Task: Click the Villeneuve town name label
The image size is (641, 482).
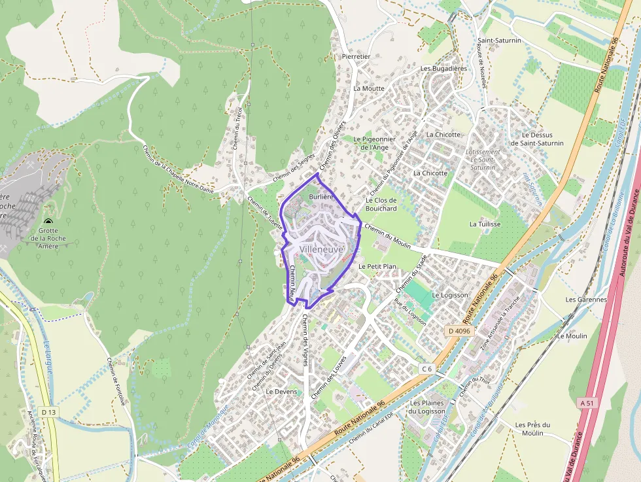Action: point(322,249)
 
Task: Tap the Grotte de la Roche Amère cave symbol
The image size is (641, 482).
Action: point(48,222)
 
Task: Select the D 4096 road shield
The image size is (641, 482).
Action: point(459,331)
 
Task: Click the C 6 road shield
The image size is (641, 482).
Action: point(427,369)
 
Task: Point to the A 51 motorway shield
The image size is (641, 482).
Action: point(587,404)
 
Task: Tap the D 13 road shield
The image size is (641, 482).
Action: point(48,412)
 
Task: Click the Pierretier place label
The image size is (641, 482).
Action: point(356,57)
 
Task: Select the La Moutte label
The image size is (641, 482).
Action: point(369,88)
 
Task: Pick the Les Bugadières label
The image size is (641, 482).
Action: point(443,68)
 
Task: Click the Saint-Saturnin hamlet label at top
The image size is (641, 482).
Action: point(499,41)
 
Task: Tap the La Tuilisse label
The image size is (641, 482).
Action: point(485,224)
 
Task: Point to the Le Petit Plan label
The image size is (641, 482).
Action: point(377,267)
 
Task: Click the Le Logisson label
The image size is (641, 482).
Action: point(450,295)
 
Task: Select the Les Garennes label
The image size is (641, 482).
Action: point(586,300)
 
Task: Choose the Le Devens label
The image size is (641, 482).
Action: point(281,392)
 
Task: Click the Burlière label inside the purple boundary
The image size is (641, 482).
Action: point(321,196)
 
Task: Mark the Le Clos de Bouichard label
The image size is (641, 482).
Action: point(381,204)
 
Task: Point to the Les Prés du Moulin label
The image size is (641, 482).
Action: point(532,428)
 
